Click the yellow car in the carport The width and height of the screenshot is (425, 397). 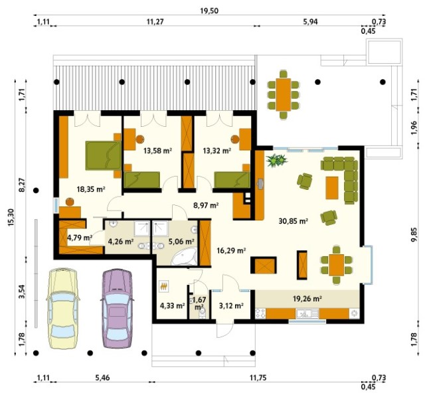pos(63,309)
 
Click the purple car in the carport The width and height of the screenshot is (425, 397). pos(117,309)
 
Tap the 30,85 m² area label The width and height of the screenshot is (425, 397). pos(293,221)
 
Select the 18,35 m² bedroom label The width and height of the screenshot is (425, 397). pos(91,189)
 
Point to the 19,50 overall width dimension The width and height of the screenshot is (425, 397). pos(209,11)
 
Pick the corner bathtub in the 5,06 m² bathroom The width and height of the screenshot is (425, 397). pos(184,256)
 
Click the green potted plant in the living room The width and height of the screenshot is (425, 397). pos(276,160)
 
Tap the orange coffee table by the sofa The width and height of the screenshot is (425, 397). pos(332,188)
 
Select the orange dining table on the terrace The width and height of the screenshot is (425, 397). pos(284,94)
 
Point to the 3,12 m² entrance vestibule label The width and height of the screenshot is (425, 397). pos(231,305)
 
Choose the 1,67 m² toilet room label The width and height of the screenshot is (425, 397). pos(201,303)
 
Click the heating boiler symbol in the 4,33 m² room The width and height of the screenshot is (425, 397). pos(164,286)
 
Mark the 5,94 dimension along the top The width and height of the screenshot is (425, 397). pos(310,21)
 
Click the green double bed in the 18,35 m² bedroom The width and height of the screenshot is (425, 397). pos(104,155)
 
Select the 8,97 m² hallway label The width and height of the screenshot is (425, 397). pos(206,205)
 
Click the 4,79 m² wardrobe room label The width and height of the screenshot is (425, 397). pos(80,238)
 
